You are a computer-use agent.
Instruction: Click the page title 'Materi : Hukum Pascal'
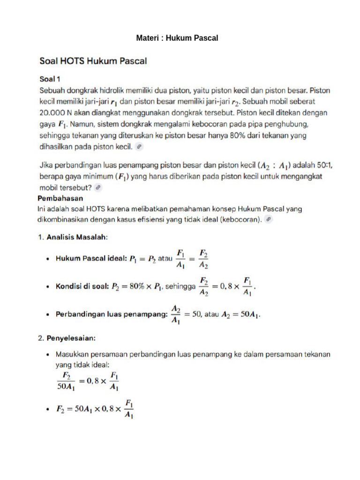click(177, 38)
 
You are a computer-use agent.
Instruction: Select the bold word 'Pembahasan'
click(60, 198)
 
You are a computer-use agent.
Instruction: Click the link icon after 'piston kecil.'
click(139, 147)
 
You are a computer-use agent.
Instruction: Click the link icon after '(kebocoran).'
click(268, 219)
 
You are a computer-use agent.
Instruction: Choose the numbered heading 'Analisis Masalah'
click(77, 237)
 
